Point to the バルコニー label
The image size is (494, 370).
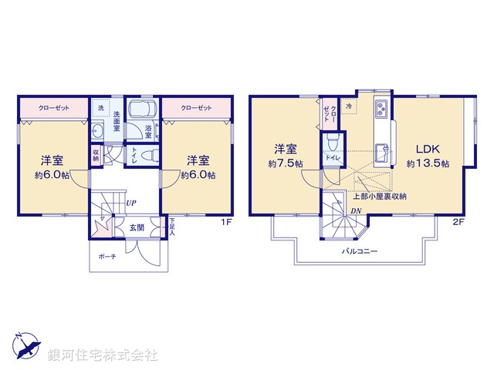[360, 251]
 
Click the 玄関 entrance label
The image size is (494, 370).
[136, 227]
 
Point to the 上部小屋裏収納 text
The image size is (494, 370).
[380, 197]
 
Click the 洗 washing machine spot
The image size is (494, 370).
[100, 107]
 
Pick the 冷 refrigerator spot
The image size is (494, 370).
[349, 106]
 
